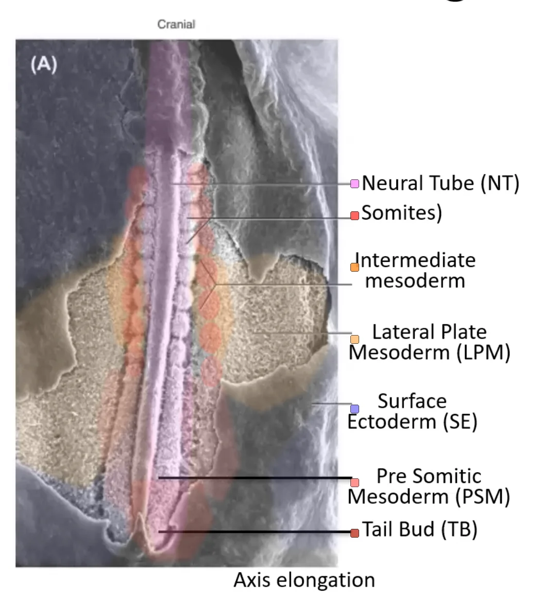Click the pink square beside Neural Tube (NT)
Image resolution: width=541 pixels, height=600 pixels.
(x=354, y=184)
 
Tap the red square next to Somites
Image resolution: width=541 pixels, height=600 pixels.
(x=354, y=215)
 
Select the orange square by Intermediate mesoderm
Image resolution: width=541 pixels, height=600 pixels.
(x=354, y=267)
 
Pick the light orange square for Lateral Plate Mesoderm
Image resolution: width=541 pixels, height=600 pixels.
(x=354, y=339)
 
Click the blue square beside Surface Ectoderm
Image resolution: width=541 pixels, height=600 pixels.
(x=354, y=409)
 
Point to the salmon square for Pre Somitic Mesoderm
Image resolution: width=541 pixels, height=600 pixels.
(x=354, y=482)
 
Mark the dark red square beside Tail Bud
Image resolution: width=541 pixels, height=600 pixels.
(x=354, y=533)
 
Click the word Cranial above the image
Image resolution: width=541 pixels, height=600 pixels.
(x=176, y=24)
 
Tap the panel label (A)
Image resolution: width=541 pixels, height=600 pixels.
(x=44, y=64)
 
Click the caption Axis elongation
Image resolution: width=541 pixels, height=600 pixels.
(x=304, y=580)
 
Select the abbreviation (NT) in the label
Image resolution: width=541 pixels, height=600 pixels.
(x=500, y=184)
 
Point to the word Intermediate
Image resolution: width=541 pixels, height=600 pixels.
(x=415, y=261)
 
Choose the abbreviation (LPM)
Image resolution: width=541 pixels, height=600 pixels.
(x=483, y=353)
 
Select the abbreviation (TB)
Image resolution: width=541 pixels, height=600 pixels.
(x=459, y=529)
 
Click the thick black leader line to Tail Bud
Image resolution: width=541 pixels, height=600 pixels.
(x=255, y=532)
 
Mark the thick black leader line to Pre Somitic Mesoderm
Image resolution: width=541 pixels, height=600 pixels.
(x=255, y=478)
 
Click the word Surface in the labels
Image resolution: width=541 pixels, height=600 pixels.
(x=412, y=402)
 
